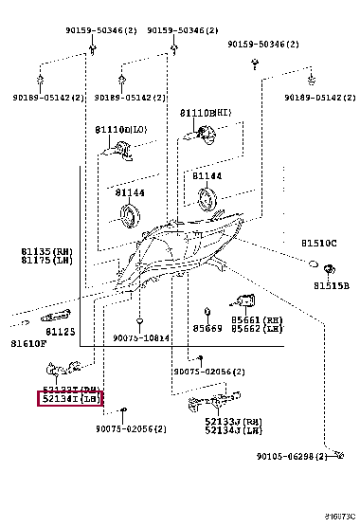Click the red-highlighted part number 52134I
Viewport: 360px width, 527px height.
point(69,399)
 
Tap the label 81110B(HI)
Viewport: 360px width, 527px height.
point(205,112)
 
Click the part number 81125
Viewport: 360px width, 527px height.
point(61,331)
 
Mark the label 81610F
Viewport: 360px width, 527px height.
point(29,343)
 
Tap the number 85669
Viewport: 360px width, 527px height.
point(207,330)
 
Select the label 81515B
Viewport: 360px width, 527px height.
point(332,285)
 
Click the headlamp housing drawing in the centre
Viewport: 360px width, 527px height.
point(186,249)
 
